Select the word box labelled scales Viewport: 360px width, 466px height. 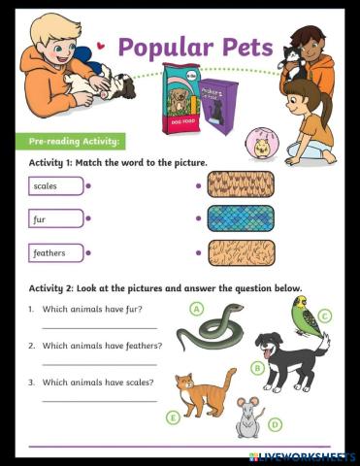click(x=56, y=185)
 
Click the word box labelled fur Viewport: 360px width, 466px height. click(x=56, y=219)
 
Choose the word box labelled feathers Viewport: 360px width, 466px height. click(x=56, y=253)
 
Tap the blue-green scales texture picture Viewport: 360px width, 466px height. click(x=241, y=218)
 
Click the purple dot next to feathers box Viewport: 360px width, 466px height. click(x=88, y=253)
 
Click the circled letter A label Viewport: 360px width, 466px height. click(x=197, y=309)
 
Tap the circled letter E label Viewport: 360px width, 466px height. click(x=174, y=417)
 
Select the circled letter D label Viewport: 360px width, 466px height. click(x=276, y=424)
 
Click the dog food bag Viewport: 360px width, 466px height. click(x=180, y=97)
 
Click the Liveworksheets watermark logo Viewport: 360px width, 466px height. click(x=302, y=456)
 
